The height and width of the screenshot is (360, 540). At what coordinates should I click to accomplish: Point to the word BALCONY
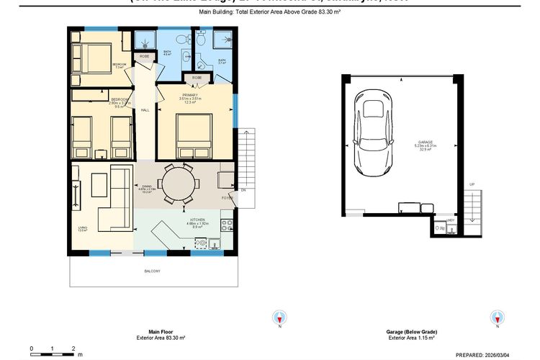(151, 271)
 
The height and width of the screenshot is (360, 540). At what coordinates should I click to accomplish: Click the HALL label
(145, 110)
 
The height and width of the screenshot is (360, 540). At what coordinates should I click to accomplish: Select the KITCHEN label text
(197, 220)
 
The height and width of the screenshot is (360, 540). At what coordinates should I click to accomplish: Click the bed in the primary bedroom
(193, 137)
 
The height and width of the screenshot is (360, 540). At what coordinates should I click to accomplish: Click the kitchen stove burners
(227, 224)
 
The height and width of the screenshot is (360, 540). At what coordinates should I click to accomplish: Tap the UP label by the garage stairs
(472, 184)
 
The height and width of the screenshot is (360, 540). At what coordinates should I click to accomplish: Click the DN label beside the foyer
(243, 190)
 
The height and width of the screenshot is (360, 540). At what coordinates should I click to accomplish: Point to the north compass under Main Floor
(279, 318)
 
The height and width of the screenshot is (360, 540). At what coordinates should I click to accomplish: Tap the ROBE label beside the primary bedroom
(196, 77)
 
